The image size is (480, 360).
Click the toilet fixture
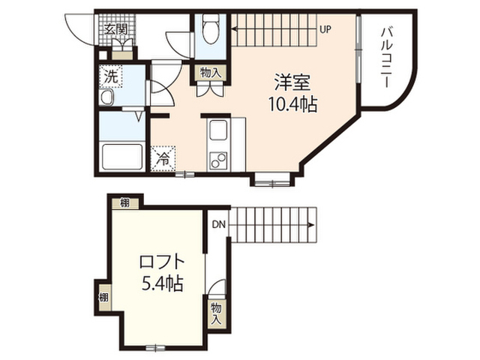tap(210, 28)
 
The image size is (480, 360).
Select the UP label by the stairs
tap(325, 29)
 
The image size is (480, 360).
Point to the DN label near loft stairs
tap(219, 225)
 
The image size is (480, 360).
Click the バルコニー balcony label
tap(387, 58)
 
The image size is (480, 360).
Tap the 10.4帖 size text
tap(292, 104)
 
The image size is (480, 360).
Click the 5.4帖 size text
tap(162, 283)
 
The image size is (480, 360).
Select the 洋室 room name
tap(292, 82)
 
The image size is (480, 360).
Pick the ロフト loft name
tap(162, 262)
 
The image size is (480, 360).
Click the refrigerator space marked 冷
tap(163, 158)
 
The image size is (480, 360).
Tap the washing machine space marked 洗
tap(110, 76)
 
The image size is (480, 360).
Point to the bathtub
tap(122, 157)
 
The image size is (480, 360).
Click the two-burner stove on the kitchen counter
tap(218, 160)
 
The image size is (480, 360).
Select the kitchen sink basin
tap(218, 130)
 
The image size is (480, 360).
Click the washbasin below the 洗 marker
tap(107, 98)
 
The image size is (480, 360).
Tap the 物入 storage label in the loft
tap(216, 314)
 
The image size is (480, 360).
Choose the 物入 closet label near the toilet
tap(210, 73)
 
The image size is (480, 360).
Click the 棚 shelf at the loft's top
tap(125, 203)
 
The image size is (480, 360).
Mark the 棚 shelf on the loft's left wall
tap(103, 297)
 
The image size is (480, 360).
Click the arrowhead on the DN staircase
tap(311, 225)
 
